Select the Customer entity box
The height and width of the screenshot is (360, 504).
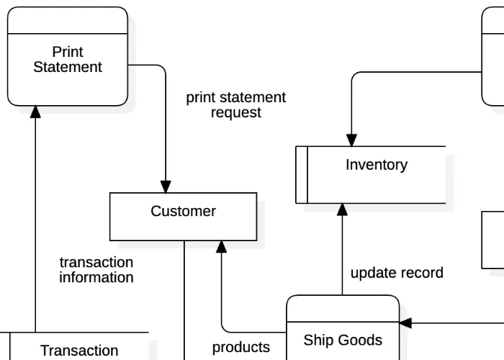coord(183,216)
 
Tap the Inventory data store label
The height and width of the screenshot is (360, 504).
coord(376,165)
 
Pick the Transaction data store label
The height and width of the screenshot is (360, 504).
coord(79,351)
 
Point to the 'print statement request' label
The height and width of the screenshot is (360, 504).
coord(235,105)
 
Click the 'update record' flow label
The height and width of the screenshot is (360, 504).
coord(397,273)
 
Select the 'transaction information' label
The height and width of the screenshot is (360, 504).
coord(96,270)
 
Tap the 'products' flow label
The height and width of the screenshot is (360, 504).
coord(240,348)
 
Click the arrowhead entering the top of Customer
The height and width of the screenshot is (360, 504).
coord(166,186)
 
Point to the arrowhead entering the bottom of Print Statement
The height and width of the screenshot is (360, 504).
coord(35,112)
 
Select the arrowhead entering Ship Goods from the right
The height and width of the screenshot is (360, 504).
coord(405,323)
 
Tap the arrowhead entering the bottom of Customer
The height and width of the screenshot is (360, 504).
coord(222,247)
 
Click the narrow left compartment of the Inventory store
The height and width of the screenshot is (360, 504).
coord(302,175)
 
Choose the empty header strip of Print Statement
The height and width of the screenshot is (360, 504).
coord(68,21)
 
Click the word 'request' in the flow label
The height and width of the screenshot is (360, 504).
coord(235,113)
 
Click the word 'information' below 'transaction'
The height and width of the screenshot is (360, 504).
coord(96,278)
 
